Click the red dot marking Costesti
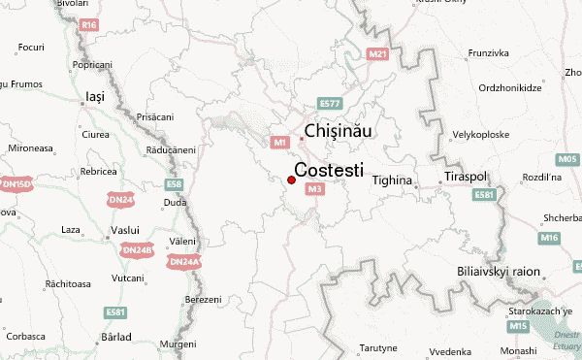tap(292, 179)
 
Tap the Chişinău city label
tap(339, 131)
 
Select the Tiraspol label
tap(465, 180)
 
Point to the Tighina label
tap(393, 180)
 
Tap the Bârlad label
tap(115, 336)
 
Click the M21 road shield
tap(378, 53)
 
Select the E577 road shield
tap(331, 103)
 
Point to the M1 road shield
tap(280, 143)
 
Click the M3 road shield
tap(313, 189)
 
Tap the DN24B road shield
tap(137, 249)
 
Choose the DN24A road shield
tap(183, 262)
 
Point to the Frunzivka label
tap(489, 51)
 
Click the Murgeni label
tap(178, 344)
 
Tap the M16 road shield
tap(550, 238)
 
